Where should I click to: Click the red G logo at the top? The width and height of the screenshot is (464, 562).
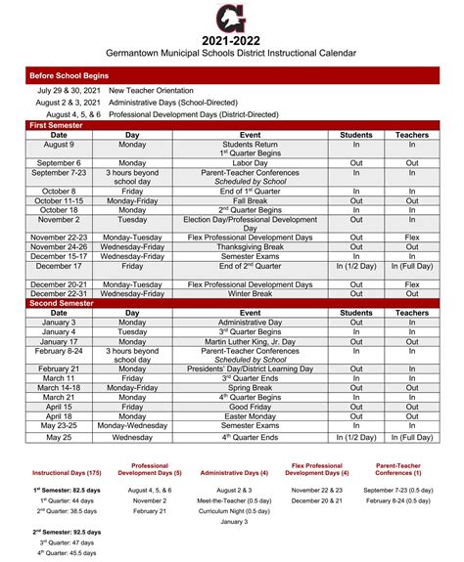pos(233,17)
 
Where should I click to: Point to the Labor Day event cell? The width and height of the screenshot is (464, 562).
pos(250,163)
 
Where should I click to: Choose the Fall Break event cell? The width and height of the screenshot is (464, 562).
pos(250,200)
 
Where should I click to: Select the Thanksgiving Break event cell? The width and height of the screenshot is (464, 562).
pos(250,246)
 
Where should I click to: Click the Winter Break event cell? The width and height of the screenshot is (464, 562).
pos(250,293)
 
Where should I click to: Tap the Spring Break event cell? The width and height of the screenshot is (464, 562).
pos(250,388)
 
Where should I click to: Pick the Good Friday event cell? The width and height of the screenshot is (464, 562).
pos(250,407)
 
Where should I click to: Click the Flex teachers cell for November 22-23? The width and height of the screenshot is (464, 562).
pos(411,238)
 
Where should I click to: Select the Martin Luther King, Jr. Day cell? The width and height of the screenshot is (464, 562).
pos(250,341)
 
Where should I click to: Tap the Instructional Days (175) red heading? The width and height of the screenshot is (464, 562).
pos(66,473)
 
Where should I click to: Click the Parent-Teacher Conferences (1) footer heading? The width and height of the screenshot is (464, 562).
pos(398,469)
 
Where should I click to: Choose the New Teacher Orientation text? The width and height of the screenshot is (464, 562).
pos(161,90)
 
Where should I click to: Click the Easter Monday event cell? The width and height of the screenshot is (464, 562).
pos(250,416)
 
